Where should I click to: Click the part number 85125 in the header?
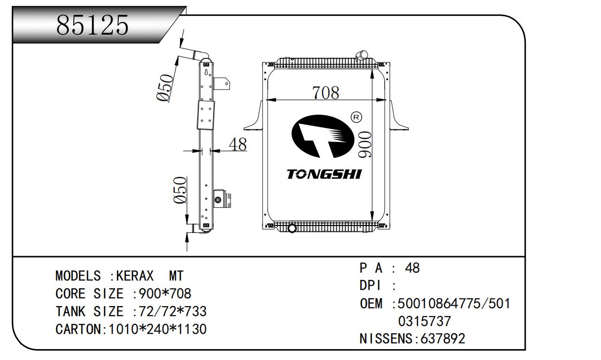(92, 25)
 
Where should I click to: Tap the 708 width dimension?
(325, 92)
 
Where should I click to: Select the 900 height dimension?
(365, 145)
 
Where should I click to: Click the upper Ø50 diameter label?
(165, 88)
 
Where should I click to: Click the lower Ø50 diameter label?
(180, 190)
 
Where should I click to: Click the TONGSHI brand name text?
(324, 175)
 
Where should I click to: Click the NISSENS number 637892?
(442, 339)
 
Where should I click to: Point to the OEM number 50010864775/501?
(454, 304)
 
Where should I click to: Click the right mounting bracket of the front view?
(398, 117)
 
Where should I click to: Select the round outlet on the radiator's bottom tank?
(291, 229)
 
